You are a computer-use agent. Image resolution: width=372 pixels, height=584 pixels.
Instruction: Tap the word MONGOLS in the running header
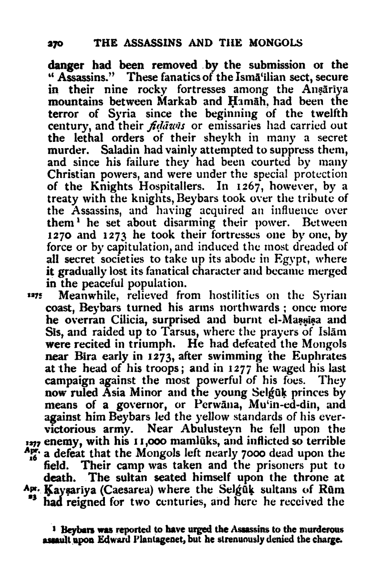tap(274, 42)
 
